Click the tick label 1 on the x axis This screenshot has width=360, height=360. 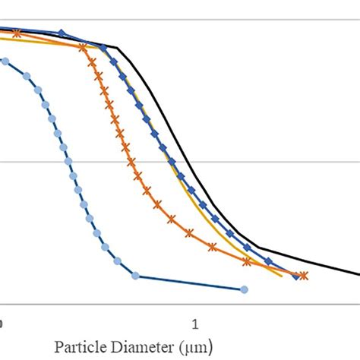coord(195,323)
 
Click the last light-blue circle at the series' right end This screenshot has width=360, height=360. coord(244,289)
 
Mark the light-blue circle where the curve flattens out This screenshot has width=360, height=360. coord(135,275)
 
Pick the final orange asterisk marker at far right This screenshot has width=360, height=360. coord(304,276)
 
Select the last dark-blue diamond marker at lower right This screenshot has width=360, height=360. coord(295,276)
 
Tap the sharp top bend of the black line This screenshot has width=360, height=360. coord(116,47)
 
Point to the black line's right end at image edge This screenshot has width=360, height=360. coord(358,275)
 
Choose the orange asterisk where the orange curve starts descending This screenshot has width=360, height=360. coord(81,47)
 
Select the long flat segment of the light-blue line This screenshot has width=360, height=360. coord(190,283)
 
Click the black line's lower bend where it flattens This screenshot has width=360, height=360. coord(258,247)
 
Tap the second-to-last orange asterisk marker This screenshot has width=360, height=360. coord(247,262)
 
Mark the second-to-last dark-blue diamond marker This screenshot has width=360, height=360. coord(267,261)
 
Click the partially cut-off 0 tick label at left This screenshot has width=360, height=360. coord(2,323)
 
